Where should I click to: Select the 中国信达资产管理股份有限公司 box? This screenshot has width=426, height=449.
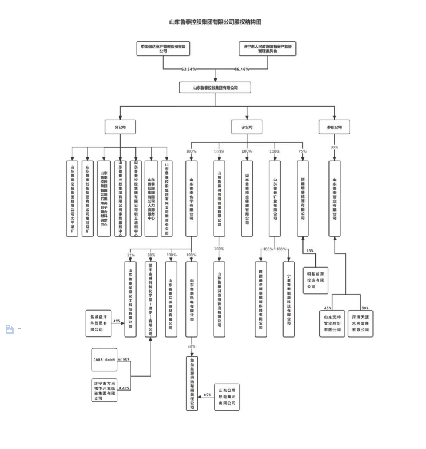pyautogui.click(x=163, y=48)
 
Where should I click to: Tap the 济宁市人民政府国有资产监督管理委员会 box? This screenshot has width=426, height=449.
pyautogui.click(x=268, y=48)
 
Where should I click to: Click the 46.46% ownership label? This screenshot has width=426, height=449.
pyautogui.click(x=241, y=69)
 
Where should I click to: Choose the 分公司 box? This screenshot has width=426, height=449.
pyautogui.click(x=120, y=127)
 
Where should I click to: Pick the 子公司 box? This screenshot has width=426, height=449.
pyautogui.click(x=247, y=127)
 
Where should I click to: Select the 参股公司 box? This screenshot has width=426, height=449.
pyautogui.click(x=334, y=127)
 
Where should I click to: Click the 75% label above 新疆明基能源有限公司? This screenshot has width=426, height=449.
pyautogui.click(x=302, y=151)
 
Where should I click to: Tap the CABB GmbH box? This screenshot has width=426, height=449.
pyautogui.click(x=104, y=359)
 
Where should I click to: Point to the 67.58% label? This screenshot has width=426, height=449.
pyautogui.click(x=124, y=358)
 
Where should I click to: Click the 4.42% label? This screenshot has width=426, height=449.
pyautogui.click(x=124, y=388)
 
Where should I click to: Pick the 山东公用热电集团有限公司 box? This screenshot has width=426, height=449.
pyautogui.click(x=227, y=397)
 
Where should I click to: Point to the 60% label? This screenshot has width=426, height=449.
pyautogui.click(x=207, y=394)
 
